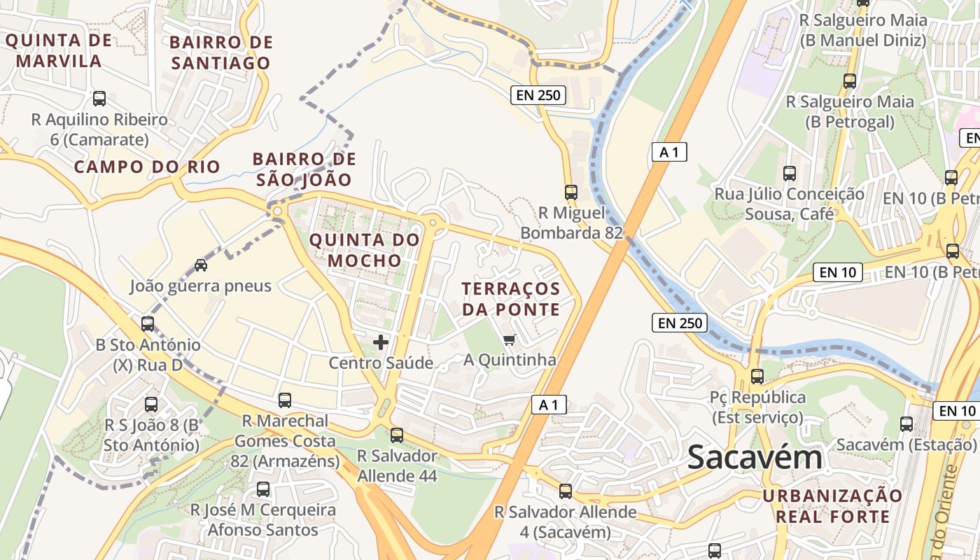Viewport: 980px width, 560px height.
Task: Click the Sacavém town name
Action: coord(754,457)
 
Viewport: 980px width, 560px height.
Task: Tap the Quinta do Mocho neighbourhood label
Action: coord(364,251)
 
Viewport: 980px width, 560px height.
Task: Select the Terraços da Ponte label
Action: coord(511,299)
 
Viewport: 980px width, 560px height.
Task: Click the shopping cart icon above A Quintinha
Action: coord(509,340)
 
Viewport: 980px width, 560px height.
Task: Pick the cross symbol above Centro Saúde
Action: coord(381,342)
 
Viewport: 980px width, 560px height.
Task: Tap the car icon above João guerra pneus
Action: coord(201,265)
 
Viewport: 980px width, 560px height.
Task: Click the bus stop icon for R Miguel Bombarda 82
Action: coord(571,192)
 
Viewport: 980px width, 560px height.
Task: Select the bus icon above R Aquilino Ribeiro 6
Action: coord(99,99)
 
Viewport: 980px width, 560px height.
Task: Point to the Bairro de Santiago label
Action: coord(220,52)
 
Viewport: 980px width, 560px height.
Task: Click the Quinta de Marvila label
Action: coord(59,50)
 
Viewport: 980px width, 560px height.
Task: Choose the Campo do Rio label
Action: coord(147,167)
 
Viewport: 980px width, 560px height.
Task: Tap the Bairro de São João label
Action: coord(304,169)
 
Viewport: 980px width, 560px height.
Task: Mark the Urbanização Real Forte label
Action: coord(832,506)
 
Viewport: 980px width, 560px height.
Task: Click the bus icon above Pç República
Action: coord(757,377)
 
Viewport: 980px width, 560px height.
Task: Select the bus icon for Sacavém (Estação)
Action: coord(906,423)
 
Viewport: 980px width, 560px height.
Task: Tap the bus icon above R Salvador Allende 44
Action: coord(397,435)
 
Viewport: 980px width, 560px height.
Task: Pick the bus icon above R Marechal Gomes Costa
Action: coord(285,400)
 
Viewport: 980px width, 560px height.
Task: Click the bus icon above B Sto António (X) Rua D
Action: coord(148,324)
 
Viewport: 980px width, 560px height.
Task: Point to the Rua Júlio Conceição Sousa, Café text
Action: coord(789,203)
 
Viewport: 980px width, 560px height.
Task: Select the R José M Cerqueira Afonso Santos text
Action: coord(263,519)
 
